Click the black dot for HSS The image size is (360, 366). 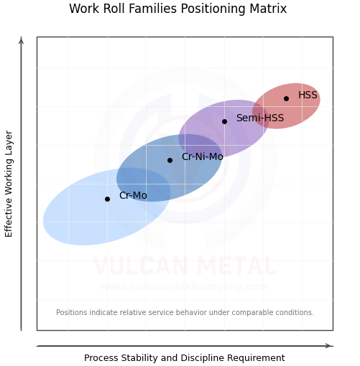[x=286, y=98]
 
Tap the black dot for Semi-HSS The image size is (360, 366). [x=224, y=121]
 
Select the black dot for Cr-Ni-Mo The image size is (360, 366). [x=170, y=160]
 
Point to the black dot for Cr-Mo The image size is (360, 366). [x=107, y=199]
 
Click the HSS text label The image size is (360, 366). [x=308, y=95]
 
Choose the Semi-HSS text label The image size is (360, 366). [x=259, y=118]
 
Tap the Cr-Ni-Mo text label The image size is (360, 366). [x=202, y=157]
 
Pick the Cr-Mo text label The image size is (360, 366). [x=133, y=196]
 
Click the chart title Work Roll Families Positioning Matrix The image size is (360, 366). [x=177, y=9]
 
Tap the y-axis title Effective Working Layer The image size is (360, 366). [x=9, y=183]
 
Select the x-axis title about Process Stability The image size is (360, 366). [x=184, y=358]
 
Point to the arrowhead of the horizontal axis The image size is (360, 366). [x=329, y=346]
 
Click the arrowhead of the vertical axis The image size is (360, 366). [x=21, y=40]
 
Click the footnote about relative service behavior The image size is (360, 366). [x=185, y=313]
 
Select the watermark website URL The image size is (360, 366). [x=184, y=287]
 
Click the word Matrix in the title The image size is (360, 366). [x=266, y=9]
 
